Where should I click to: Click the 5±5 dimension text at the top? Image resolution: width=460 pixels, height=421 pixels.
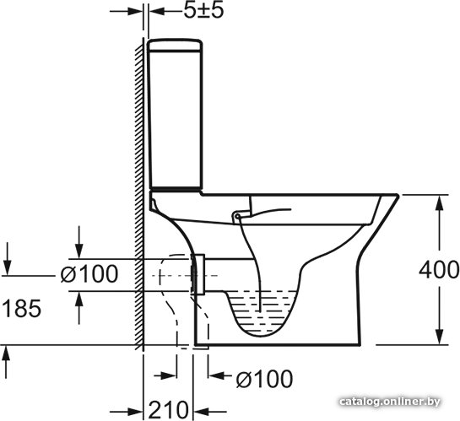203,11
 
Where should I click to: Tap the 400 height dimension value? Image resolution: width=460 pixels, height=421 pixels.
439,270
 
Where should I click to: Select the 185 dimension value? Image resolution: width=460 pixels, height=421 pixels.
21,309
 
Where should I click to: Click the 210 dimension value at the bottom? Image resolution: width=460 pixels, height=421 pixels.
168,409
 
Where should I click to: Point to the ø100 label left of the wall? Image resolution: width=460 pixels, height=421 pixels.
89,274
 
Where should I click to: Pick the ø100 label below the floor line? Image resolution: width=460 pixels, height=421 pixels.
265,379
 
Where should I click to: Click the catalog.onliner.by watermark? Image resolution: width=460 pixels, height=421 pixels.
390,402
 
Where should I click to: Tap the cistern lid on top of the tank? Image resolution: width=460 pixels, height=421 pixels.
175,45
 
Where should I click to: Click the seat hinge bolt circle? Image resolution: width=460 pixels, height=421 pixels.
237,217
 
